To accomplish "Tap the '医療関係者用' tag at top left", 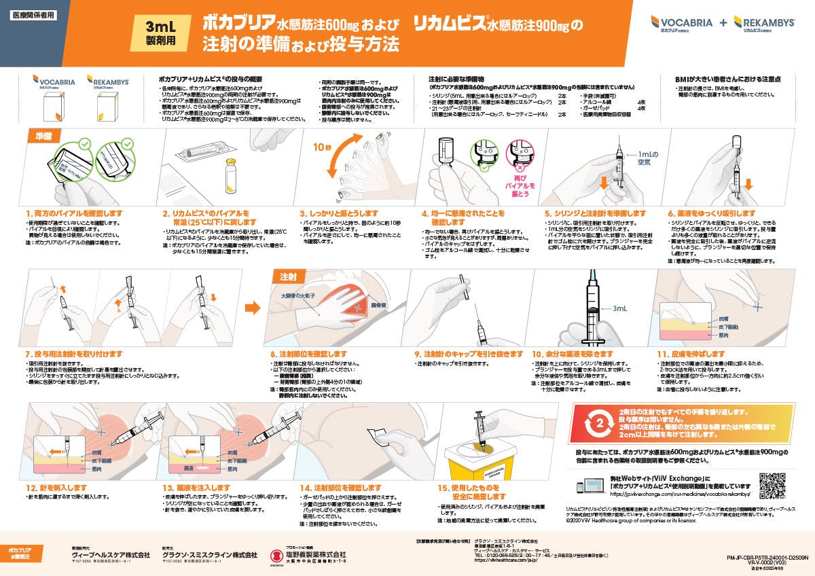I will coord(31,14).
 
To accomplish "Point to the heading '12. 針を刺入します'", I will coord(58,487).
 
